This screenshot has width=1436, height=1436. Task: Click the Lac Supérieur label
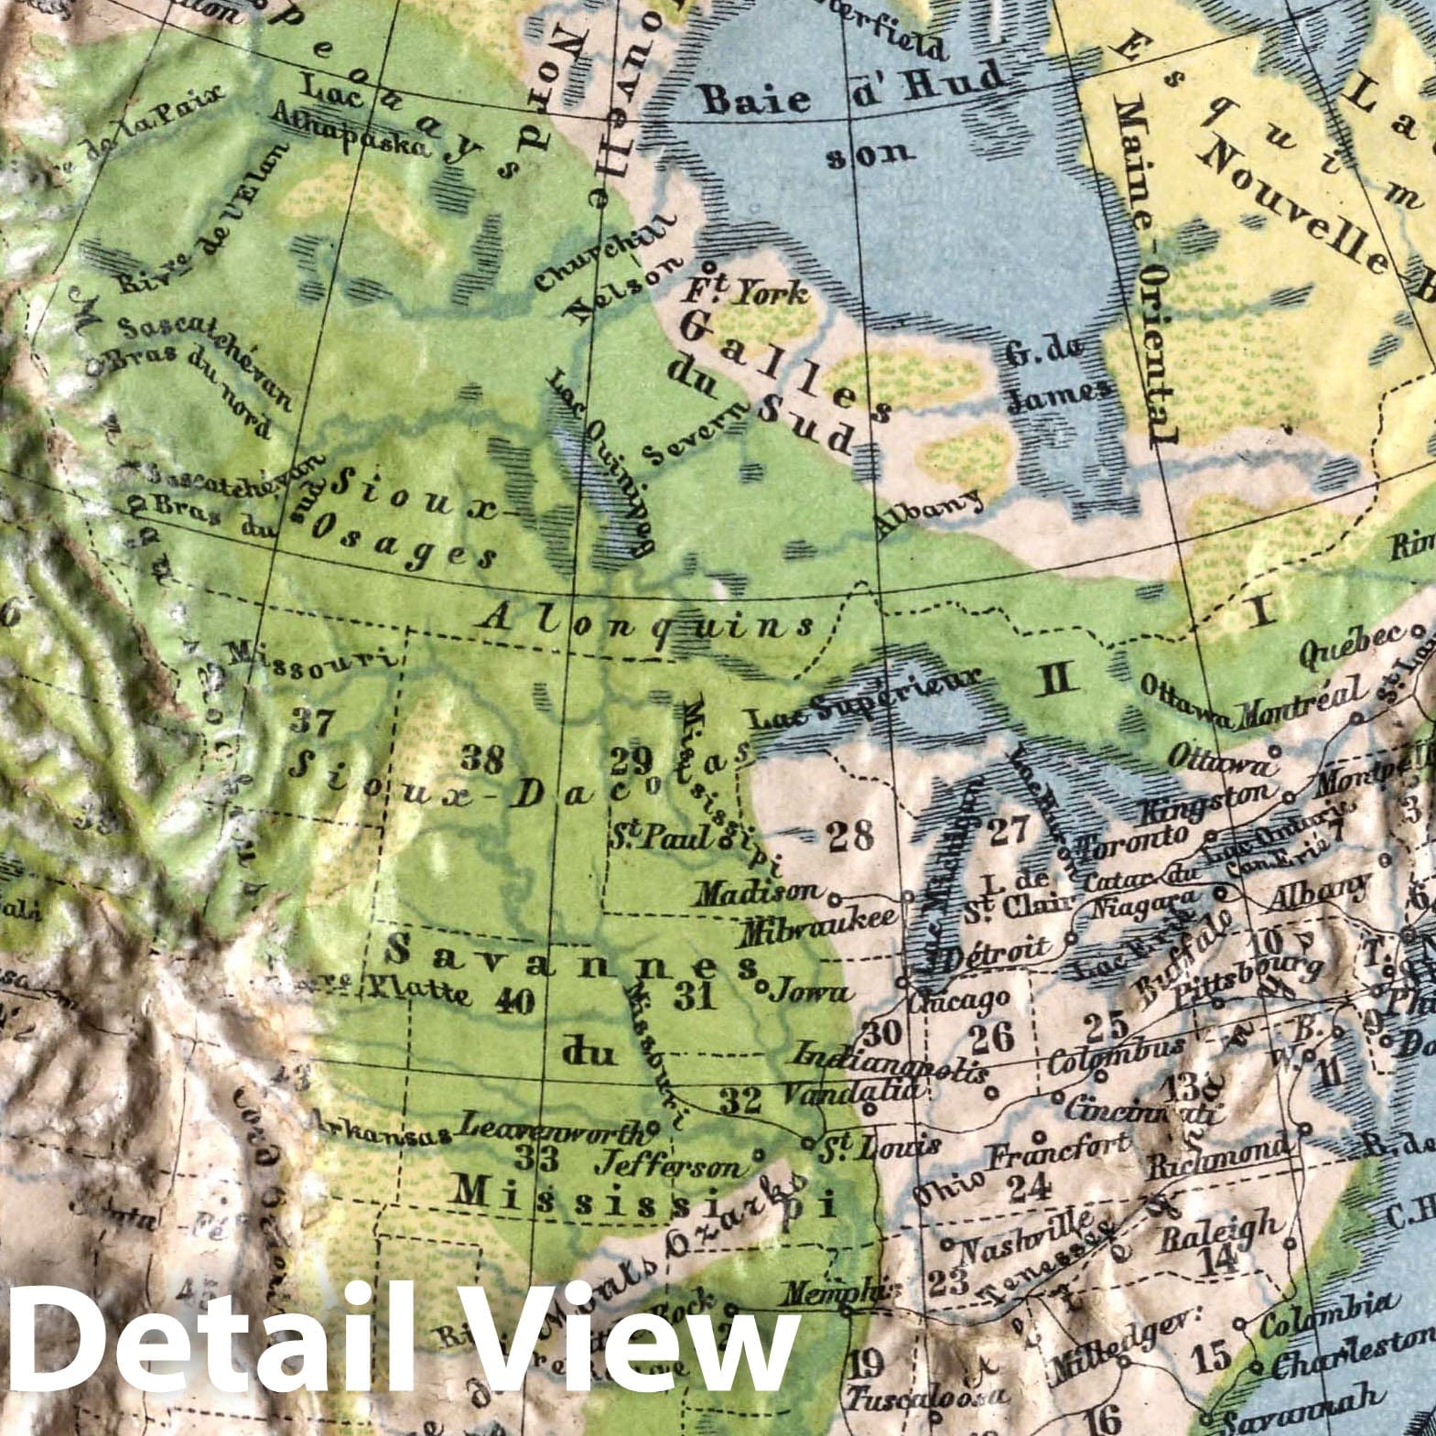click(866, 697)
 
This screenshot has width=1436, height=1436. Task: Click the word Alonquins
click(646, 622)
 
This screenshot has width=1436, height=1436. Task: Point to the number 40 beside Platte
click(513, 999)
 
